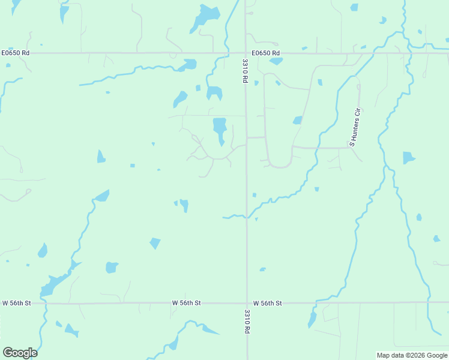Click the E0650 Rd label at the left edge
(15, 53)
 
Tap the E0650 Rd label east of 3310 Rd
(266, 53)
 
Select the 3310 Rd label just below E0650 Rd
(246, 71)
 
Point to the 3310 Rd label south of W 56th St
(247, 321)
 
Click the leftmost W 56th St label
(16, 304)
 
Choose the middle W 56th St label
(186, 304)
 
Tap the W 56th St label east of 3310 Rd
(267, 304)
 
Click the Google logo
(20, 352)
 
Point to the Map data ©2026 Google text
(412, 355)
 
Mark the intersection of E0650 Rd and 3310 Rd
(246, 53)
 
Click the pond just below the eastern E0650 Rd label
(276, 61)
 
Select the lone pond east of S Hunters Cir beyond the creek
(408, 158)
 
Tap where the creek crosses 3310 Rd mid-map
(247, 217)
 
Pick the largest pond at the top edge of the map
(205, 16)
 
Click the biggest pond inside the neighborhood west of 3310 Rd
(220, 128)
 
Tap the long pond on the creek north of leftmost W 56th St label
(55, 283)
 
